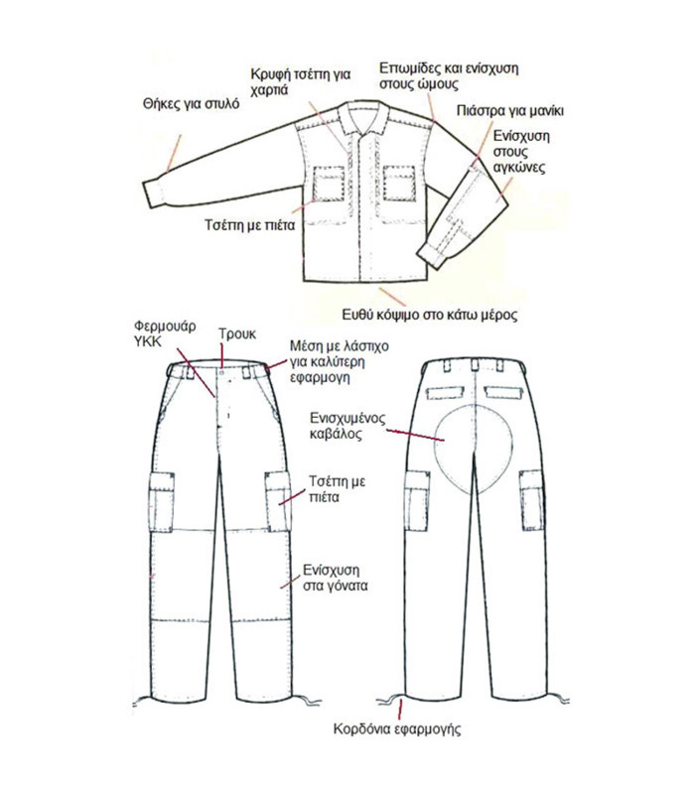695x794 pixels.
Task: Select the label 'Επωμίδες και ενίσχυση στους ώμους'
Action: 449,77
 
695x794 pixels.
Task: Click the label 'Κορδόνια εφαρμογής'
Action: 398,729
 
